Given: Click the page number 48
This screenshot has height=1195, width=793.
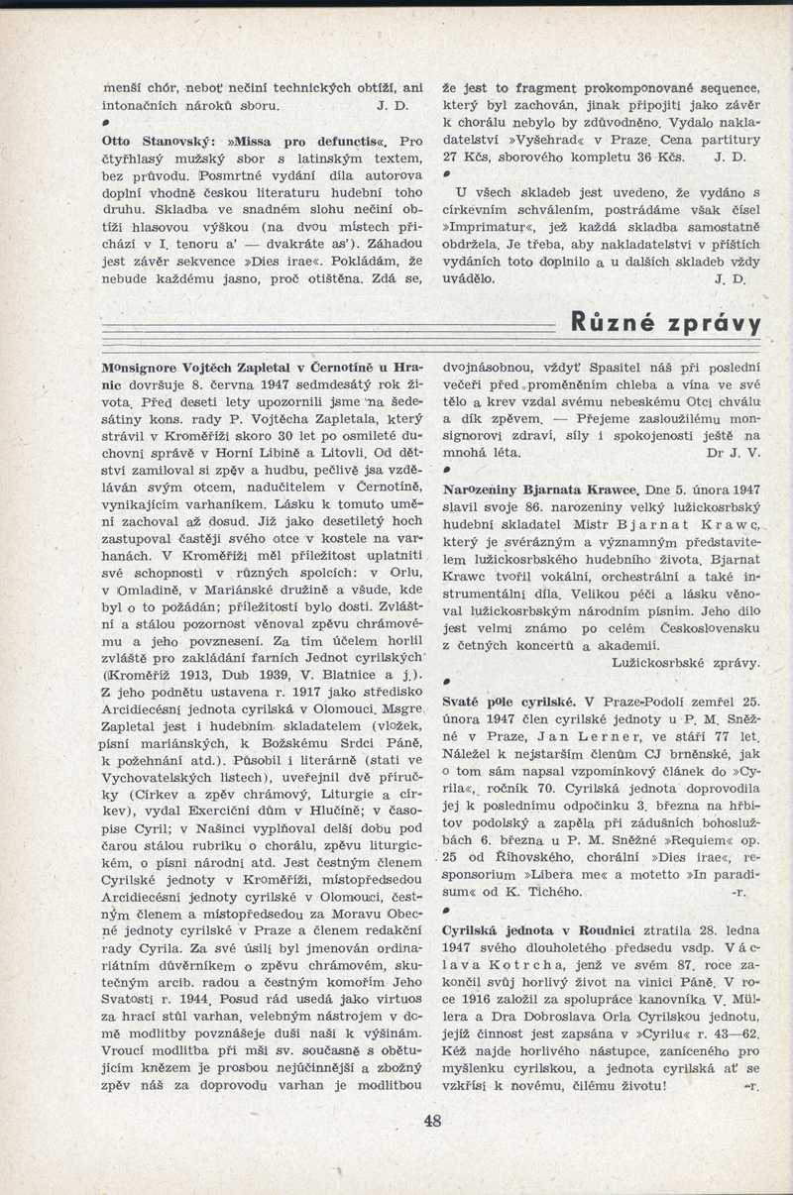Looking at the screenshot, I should (431, 1122).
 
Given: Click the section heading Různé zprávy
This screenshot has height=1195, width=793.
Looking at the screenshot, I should (666, 324).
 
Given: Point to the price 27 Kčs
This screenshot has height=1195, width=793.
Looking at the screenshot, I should (466, 158).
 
